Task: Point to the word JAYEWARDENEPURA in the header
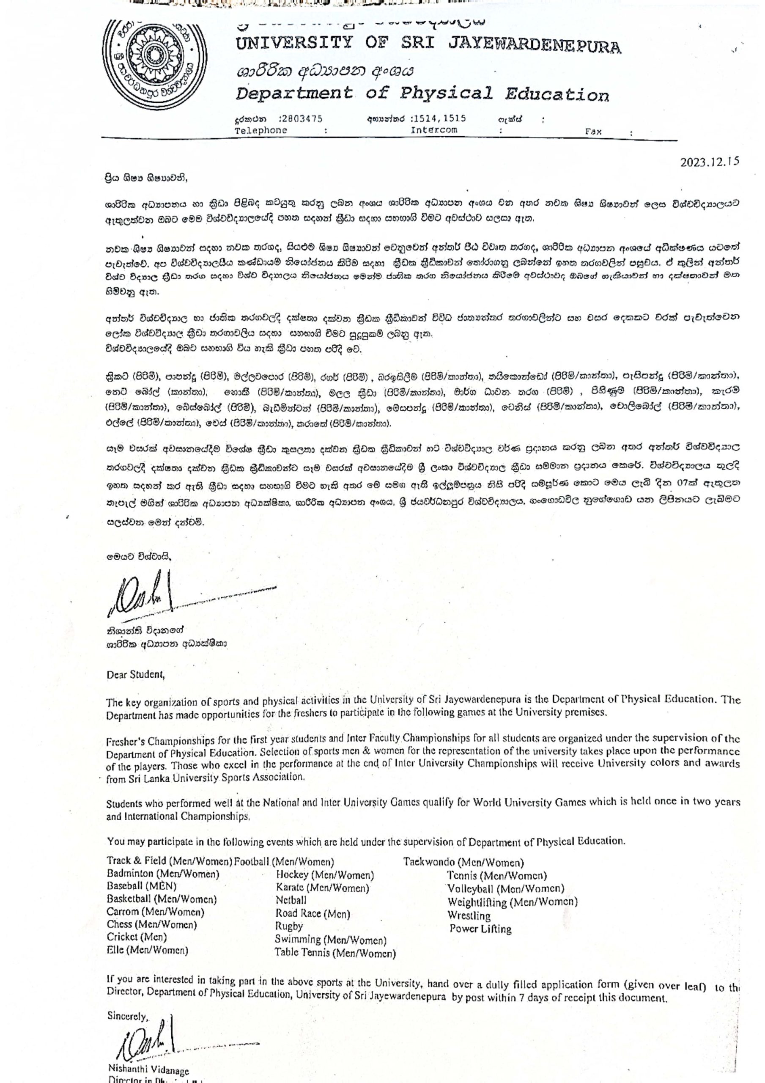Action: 535,45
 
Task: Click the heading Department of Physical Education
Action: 422,94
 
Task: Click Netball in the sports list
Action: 291,900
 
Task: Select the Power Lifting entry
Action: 480,929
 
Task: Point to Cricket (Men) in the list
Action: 137,937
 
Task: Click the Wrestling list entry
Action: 469,916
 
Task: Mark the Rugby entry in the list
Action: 289,926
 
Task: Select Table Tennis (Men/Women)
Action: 335,952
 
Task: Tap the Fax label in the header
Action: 593,132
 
